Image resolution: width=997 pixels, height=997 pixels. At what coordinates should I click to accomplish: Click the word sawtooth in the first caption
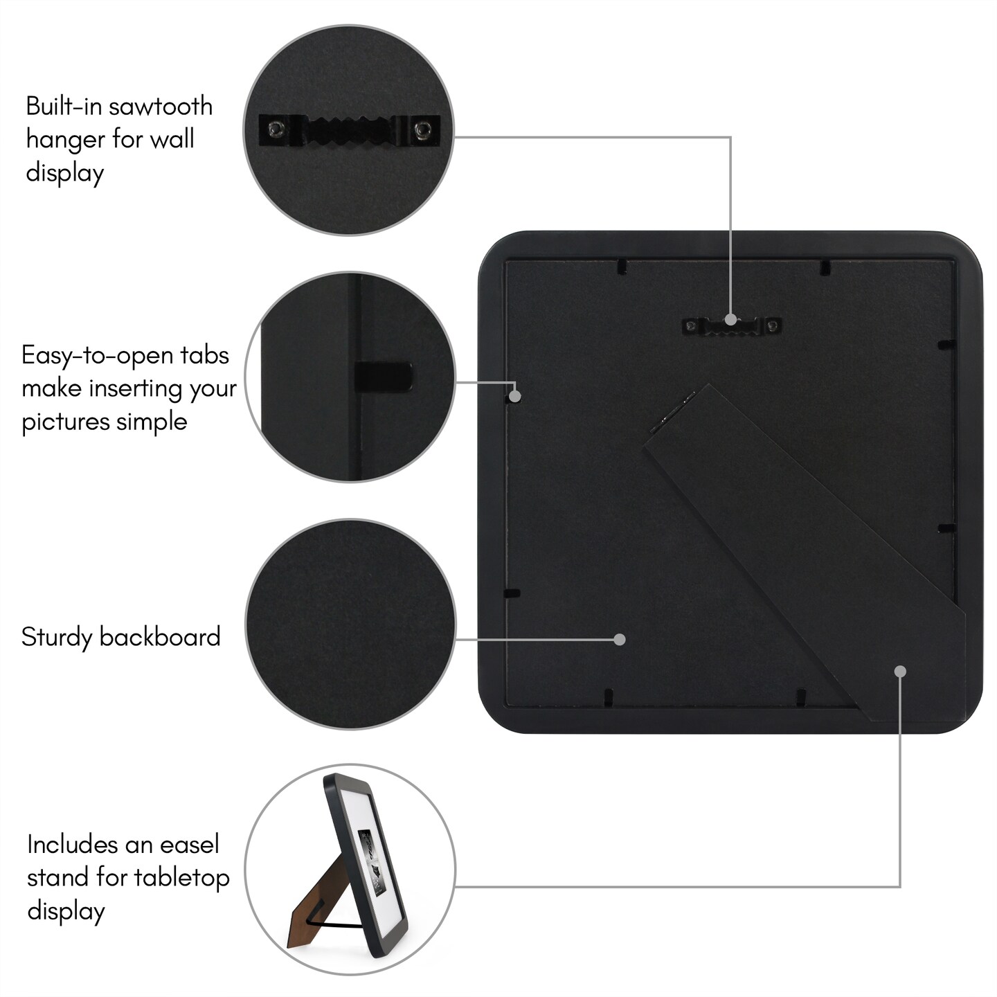pos(161,106)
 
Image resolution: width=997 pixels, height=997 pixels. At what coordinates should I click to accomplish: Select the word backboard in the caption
pos(160,636)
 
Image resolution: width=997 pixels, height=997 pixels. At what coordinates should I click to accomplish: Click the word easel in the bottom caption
pos(190,845)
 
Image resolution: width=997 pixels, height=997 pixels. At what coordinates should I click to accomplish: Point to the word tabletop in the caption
pos(181,878)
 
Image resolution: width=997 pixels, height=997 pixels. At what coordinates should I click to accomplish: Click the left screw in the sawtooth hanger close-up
pos(275,128)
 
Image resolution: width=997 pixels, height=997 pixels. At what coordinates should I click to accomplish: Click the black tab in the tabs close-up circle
pos(384,376)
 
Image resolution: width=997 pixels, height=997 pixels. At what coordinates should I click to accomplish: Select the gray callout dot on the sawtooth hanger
pos(730,320)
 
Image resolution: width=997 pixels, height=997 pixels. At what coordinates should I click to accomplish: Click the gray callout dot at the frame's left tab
pos(515,396)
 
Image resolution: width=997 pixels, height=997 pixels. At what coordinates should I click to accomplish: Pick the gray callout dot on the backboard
pos(619,640)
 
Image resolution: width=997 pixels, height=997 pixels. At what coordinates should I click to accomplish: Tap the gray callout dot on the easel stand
pos(900,672)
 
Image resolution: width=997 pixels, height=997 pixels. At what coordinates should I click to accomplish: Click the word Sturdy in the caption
pos(56,637)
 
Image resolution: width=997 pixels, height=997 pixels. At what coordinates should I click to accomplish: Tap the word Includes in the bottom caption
pos(73,845)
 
